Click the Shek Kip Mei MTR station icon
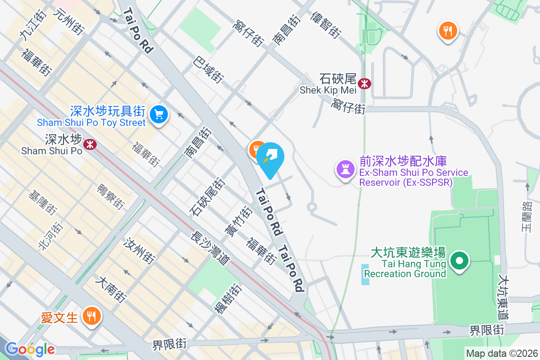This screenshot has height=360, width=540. pyautogui.click(x=364, y=83)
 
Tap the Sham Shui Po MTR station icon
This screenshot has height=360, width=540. pyautogui.click(x=90, y=144)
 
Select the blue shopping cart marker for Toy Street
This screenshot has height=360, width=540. pyautogui.click(x=158, y=113)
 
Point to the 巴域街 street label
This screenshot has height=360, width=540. pyautogui.click(x=208, y=69)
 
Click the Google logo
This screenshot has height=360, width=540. pyautogui.click(x=30, y=349)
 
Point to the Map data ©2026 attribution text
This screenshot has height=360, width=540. pyautogui.click(x=502, y=353)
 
